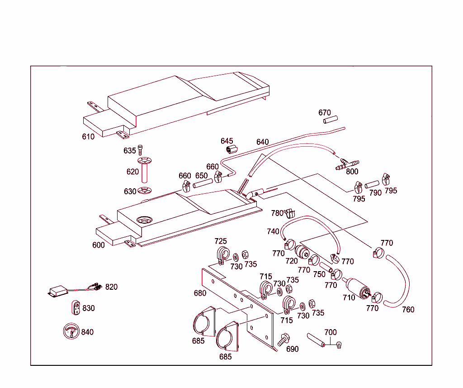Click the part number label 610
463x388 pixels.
(x=88, y=137)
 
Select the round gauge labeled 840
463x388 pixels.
(x=71, y=332)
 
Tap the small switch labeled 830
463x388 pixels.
(x=76, y=308)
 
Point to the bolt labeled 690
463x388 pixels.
(x=284, y=340)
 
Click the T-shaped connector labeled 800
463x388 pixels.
(x=347, y=163)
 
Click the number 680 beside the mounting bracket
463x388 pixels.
(x=200, y=293)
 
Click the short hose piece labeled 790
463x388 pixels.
(x=372, y=185)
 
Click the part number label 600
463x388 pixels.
(x=98, y=245)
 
